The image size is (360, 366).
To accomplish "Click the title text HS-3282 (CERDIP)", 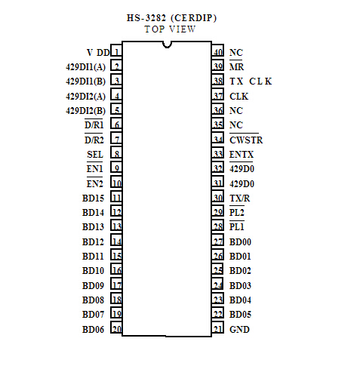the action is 171,18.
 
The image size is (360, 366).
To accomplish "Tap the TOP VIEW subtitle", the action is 170,29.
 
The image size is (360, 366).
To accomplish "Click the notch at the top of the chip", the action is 167,45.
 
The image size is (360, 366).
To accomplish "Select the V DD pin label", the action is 98,53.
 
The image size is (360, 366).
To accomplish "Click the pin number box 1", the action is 116,51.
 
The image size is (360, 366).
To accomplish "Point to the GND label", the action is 239,329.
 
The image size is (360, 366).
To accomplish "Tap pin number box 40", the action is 217,51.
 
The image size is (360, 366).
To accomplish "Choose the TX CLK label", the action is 251,82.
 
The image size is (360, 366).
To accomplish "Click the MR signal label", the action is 236,67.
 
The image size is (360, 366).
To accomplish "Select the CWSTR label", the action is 246,140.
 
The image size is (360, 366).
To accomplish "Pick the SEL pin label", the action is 95,155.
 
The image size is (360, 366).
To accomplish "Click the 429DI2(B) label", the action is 85,111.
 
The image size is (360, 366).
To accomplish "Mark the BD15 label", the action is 93,198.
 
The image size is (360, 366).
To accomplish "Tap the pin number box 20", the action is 116,328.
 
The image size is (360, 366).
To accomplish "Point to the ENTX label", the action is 242,155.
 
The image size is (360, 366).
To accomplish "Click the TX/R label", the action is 240,198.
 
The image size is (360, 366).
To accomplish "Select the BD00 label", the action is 240,242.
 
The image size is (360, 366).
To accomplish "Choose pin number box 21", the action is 217,328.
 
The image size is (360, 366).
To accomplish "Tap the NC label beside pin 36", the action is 236,111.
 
